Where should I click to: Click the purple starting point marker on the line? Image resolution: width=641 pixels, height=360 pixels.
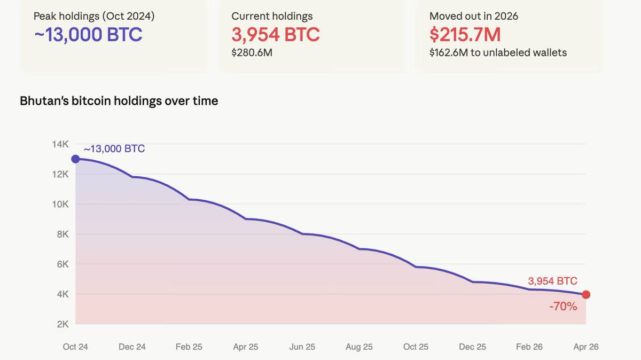pos(75,159)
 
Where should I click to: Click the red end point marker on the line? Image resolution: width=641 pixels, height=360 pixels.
pos(586,295)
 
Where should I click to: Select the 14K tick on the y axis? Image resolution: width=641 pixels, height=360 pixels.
pos(60,144)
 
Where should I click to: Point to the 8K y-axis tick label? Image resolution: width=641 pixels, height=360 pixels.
pos(62,234)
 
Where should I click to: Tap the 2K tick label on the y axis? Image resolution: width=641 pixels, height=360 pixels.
pos(62,324)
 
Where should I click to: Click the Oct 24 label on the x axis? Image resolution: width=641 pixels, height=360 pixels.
pos(75,347)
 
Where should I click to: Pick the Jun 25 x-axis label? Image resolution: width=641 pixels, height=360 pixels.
pos(302,347)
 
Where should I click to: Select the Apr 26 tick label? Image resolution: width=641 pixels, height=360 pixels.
pos(586,347)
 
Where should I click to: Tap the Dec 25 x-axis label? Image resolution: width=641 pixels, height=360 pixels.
pos(473,347)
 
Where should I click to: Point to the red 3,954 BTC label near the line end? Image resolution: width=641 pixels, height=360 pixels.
pos(552,281)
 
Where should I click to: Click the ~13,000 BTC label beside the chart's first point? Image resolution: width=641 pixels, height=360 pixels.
pos(114,148)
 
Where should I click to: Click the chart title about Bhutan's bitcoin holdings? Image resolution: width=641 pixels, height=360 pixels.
pos(119,100)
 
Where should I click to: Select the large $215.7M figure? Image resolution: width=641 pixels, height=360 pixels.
pos(465,35)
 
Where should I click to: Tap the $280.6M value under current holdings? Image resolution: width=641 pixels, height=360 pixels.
pos(252,52)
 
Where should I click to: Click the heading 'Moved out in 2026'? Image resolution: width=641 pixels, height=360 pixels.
pos(474,16)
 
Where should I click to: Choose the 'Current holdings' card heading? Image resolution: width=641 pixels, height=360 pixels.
pos(272,16)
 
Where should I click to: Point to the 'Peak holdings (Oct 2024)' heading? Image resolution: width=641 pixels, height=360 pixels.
pos(94,16)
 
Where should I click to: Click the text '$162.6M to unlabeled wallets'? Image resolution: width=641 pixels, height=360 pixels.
pos(498,52)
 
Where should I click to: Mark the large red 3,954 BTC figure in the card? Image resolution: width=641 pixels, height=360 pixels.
pos(276,35)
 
